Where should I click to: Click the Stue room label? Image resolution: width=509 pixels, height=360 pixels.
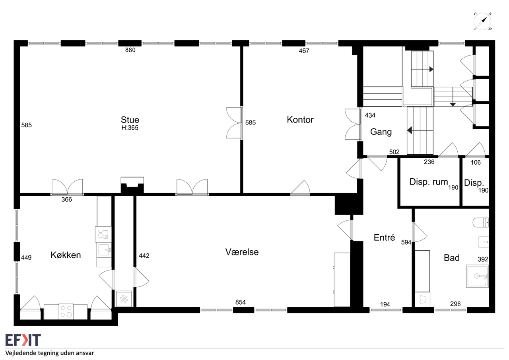(130, 120)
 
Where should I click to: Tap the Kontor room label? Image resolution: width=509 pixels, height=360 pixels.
(300, 120)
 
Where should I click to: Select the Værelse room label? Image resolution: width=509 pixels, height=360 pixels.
(242, 252)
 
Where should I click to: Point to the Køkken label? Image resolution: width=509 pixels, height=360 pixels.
(66, 255)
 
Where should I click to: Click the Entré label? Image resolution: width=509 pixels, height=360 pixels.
(384, 237)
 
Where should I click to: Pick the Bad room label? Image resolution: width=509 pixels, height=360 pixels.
(451, 258)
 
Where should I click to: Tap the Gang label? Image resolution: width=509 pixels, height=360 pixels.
(381, 132)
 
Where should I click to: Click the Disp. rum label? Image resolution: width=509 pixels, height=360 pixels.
(429, 182)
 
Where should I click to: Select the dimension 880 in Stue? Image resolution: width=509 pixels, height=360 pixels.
(130, 50)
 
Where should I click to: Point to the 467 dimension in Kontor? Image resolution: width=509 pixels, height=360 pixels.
(304, 51)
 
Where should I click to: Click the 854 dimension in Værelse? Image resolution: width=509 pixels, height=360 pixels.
(241, 302)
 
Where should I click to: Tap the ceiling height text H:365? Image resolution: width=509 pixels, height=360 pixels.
(130, 128)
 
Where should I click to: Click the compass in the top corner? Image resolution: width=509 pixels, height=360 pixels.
(482, 22)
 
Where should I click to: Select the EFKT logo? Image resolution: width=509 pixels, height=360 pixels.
(23, 340)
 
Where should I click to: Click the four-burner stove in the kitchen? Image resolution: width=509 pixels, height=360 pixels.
(66, 311)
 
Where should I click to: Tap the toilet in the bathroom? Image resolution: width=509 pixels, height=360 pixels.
(481, 222)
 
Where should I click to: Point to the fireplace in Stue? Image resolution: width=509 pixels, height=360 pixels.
(132, 185)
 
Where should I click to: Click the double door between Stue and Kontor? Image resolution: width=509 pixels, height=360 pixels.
(234, 123)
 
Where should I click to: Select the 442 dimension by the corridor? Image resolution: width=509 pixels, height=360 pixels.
(144, 256)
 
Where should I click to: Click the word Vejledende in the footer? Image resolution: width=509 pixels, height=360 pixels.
(21, 353)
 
